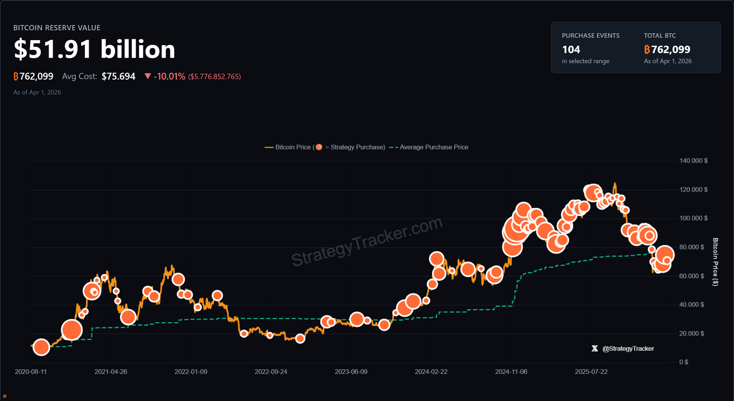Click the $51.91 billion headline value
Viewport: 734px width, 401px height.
tap(94, 50)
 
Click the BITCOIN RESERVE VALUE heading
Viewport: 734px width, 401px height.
tap(57, 28)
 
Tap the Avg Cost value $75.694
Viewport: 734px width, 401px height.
tap(119, 77)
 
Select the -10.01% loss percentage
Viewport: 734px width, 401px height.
tap(169, 77)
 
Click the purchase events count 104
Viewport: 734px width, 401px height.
tap(571, 50)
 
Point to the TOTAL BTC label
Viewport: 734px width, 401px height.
tap(659, 36)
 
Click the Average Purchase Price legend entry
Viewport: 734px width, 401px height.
tap(434, 147)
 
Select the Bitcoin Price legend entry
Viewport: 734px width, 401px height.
tap(292, 147)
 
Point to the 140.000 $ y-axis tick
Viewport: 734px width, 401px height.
tap(693, 161)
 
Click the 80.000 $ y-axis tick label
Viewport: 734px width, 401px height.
tap(691, 247)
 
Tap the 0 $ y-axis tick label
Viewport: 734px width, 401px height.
tap(684, 362)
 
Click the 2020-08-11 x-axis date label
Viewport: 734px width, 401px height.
tap(31, 372)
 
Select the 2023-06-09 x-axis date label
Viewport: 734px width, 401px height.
tap(351, 372)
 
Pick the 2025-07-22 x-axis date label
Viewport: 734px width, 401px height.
tap(591, 372)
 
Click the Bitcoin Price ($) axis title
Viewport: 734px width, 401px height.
tap(715, 262)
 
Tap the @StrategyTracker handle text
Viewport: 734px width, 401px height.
tap(628, 349)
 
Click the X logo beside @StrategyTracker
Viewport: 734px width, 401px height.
tap(594, 349)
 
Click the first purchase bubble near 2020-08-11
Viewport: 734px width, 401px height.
tap(41, 347)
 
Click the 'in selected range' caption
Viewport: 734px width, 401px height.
tap(585, 61)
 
